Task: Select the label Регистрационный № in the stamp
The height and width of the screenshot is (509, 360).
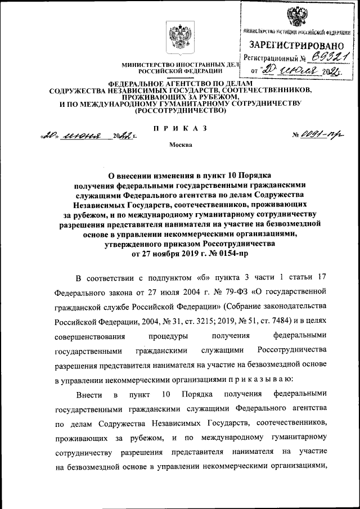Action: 275,58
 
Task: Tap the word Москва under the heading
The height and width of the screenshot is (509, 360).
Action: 180,145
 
